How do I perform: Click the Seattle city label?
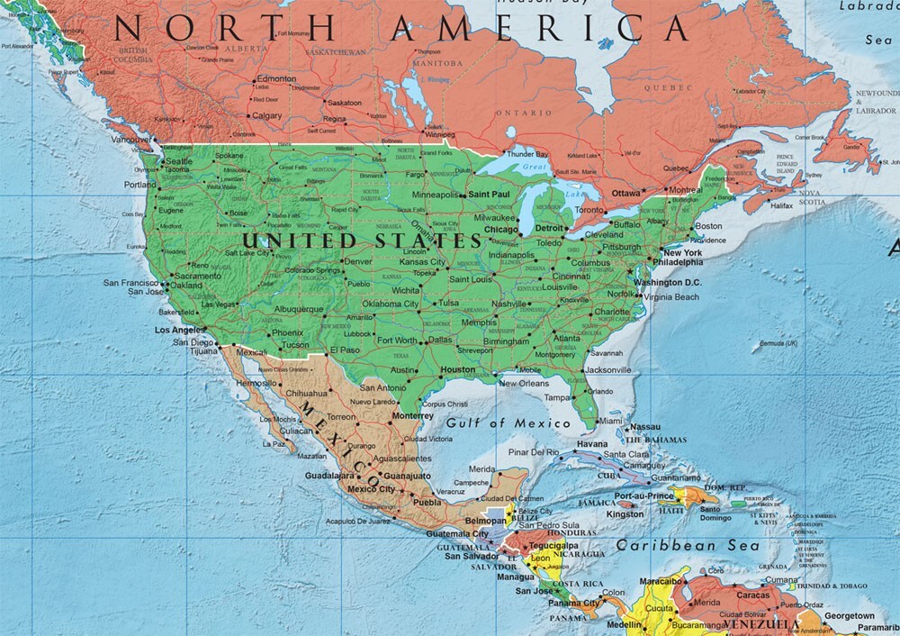point(180,161)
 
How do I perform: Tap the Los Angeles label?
point(182,330)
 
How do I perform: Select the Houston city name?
point(458,369)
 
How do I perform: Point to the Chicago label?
point(501,230)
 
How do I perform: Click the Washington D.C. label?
point(667,283)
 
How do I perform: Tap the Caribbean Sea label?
point(687,545)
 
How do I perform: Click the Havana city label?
point(592,444)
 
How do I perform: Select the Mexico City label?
point(371,488)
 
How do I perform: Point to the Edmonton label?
point(275,79)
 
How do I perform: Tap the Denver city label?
point(357,261)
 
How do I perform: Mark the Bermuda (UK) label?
point(778,343)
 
